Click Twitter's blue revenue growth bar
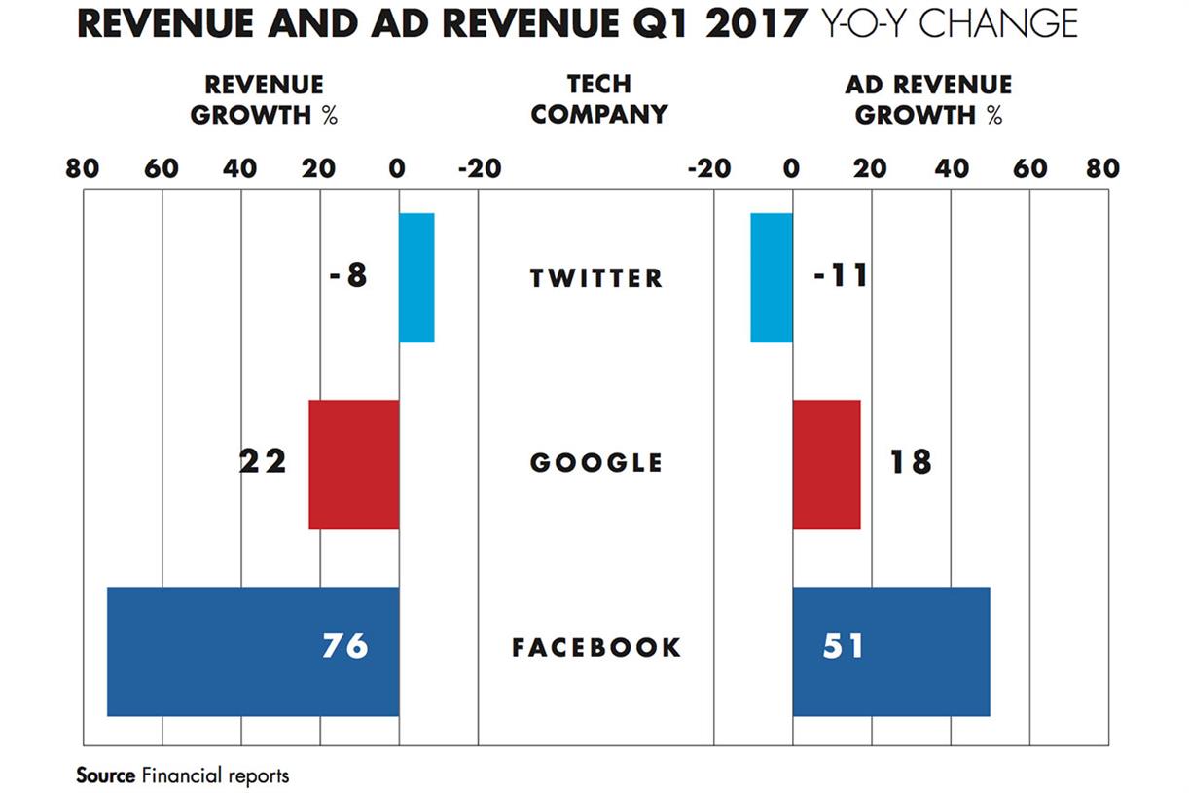click(x=416, y=277)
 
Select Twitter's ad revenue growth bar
click(x=772, y=277)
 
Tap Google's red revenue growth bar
click(x=353, y=464)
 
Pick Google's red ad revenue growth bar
click(x=826, y=464)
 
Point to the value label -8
click(x=348, y=276)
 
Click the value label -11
click(x=840, y=276)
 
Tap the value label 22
click(x=263, y=461)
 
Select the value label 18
click(x=910, y=461)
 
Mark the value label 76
click(x=345, y=646)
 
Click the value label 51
click(x=844, y=646)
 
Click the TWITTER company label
click(x=596, y=278)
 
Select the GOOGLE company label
click(x=596, y=463)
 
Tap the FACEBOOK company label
click(x=596, y=648)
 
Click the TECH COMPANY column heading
click(x=599, y=99)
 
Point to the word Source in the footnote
click(x=105, y=775)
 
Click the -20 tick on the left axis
click(x=479, y=169)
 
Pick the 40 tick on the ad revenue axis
click(x=952, y=169)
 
